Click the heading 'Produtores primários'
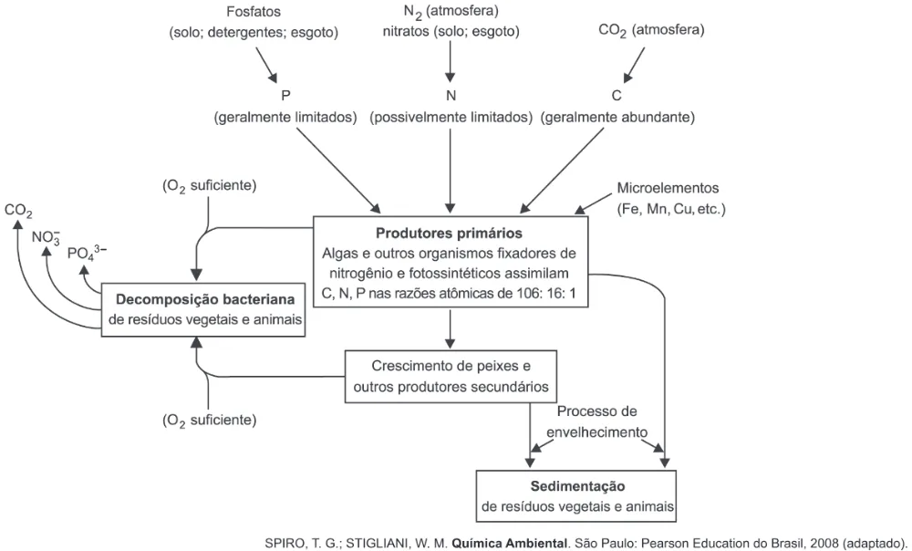point(449,234)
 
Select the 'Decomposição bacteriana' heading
point(204,299)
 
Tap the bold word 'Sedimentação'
point(577,486)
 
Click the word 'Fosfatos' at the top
point(254,12)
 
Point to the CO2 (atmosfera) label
point(651,30)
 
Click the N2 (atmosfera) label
point(451,12)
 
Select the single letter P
point(285,95)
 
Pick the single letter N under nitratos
point(451,95)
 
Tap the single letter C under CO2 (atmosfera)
point(617,95)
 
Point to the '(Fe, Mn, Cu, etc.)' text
point(671,209)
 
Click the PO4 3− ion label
point(88,253)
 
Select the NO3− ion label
point(46,237)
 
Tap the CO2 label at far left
point(18,211)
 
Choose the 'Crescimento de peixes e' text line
point(451,366)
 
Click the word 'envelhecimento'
point(596,432)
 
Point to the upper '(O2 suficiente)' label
point(210,186)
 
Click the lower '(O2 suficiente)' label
point(210,420)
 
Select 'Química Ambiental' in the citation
point(510,544)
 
